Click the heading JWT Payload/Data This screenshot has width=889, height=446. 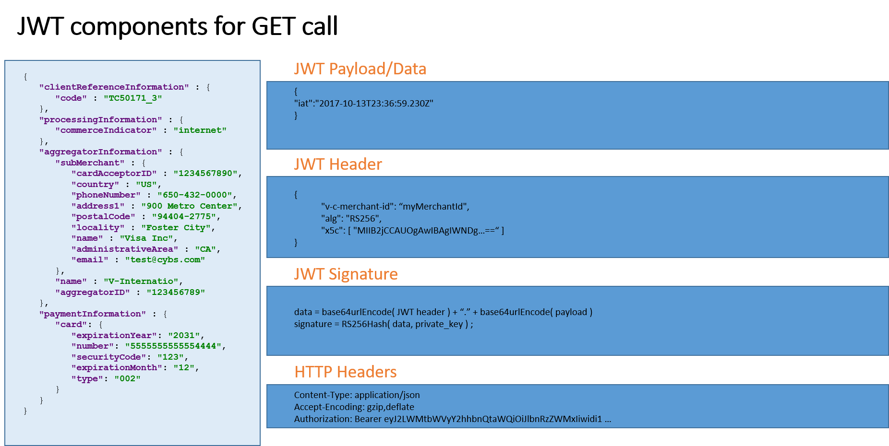tap(360, 69)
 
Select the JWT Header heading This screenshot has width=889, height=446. tap(338, 164)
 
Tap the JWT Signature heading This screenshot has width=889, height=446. tap(346, 274)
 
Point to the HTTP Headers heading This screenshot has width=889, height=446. tap(346, 372)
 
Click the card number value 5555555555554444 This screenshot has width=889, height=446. tap(173, 346)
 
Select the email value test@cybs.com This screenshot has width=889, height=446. tap(165, 260)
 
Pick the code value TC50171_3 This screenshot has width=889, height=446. tap(133, 98)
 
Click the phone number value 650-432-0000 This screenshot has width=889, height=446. tap(195, 195)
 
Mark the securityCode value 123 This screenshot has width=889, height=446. tap(170, 357)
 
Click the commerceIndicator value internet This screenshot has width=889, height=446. tap(200, 130)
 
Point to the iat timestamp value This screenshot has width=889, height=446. tap(376, 104)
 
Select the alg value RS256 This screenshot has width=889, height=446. tap(363, 219)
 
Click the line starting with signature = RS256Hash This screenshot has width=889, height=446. tap(384, 324)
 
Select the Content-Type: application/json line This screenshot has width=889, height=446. tap(357, 395)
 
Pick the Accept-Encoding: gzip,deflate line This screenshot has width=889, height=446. tap(354, 407)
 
